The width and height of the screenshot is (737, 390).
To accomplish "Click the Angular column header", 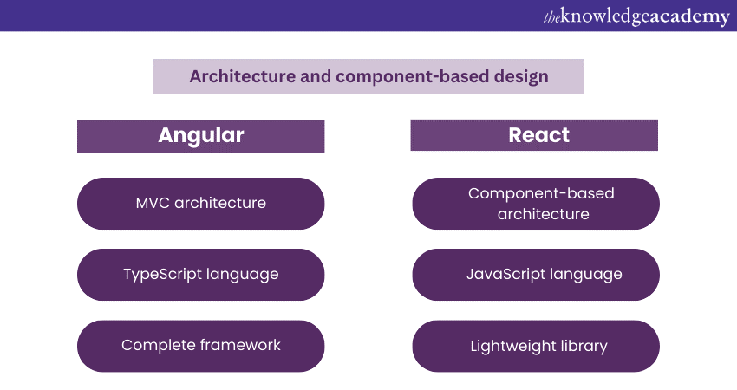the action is (x=200, y=136).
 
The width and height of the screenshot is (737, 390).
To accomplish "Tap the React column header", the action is (x=534, y=135).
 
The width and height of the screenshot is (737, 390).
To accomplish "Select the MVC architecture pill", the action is (x=200, y=204).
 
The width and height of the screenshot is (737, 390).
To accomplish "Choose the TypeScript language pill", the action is (x=200, y=275).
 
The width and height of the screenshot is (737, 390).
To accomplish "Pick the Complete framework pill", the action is (x=200, y=346).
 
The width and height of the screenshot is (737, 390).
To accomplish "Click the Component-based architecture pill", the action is (x=536, y=204).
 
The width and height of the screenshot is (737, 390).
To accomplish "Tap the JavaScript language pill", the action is (x=536, y=275).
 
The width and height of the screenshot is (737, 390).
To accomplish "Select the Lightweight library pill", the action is (x=536, y=346).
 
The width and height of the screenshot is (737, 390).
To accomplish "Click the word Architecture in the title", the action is (x=243, y=76).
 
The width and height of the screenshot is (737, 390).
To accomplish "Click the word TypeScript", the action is (x=162, y=275).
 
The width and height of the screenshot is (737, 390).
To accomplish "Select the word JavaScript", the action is (x=505, y=274).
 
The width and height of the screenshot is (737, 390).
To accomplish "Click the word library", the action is (x=584, y=347).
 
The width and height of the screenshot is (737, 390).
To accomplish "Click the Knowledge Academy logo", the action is (x=636, y=16).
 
